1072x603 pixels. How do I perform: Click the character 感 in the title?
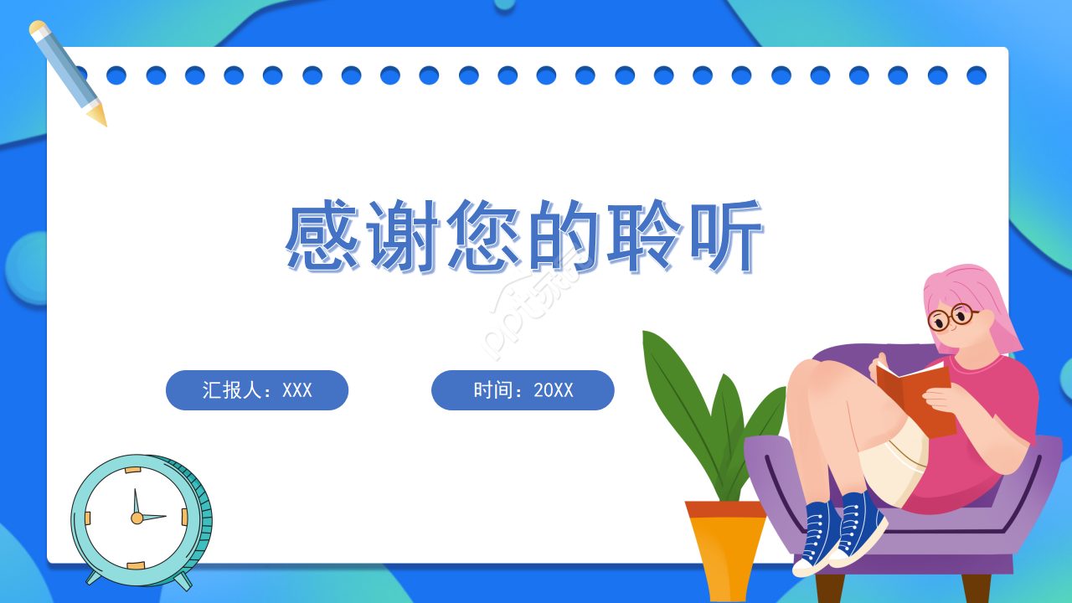point(322,236)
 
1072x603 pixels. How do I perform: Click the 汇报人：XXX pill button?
point(257,390)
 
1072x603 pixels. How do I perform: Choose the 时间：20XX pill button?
point(523,390)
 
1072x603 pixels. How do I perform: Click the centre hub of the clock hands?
point(137,518)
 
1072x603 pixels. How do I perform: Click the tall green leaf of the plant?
point(678,394)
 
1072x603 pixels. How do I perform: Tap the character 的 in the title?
point(564,236)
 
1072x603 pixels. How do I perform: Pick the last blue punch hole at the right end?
point(977,75)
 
